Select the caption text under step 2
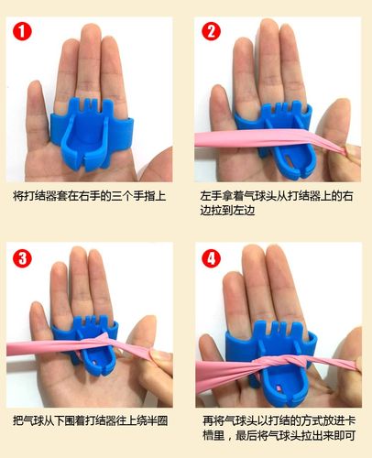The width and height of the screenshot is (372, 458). (279, 203)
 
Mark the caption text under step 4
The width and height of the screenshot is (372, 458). (279, 428)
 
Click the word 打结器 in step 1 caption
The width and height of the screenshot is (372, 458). (41, 196)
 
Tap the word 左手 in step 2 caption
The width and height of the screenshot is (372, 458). (210, 196)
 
